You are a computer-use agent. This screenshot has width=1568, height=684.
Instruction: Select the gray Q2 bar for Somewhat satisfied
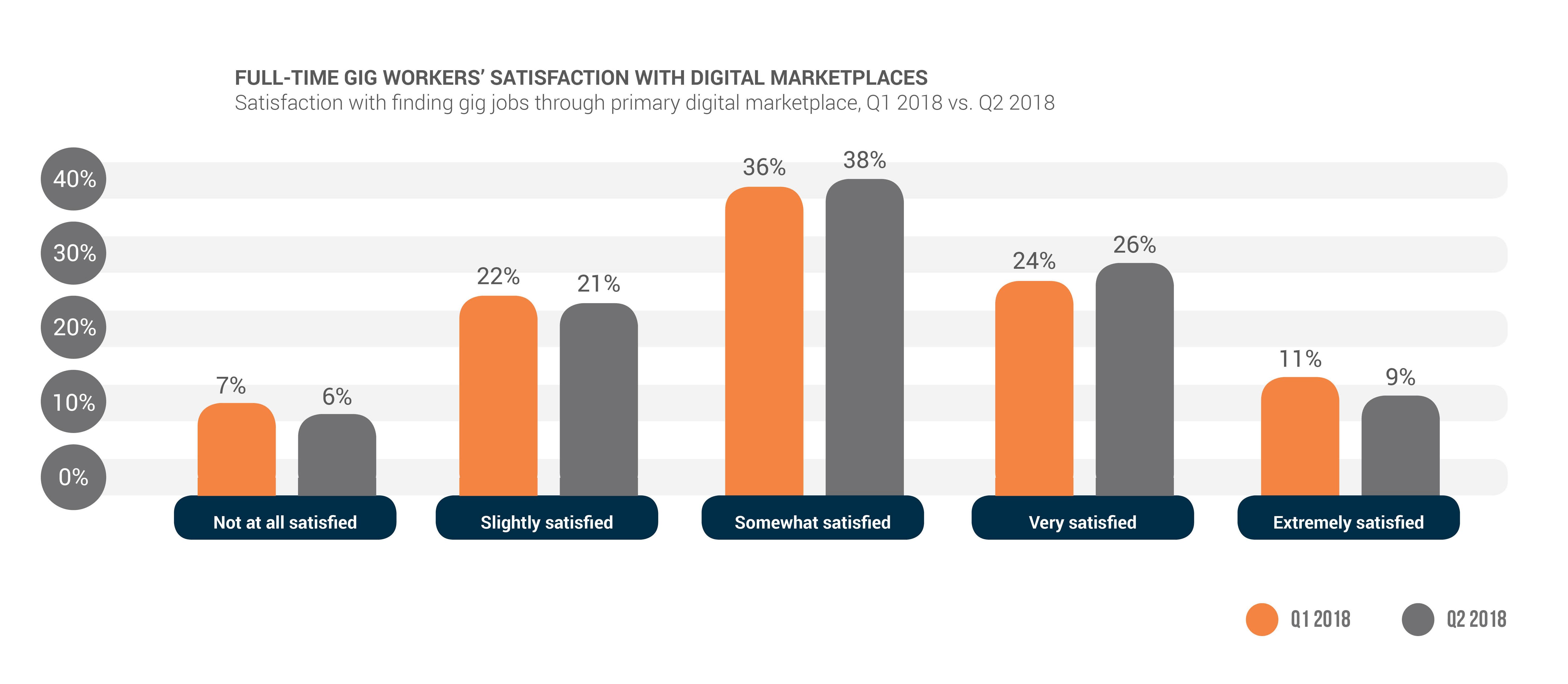click(x=864, y=338)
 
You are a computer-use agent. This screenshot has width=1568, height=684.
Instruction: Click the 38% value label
click(x=864, y=160)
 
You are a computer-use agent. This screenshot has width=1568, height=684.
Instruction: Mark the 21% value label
click(x=598, y=284)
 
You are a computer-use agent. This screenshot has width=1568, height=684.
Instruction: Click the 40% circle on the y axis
click(x=74, y=179)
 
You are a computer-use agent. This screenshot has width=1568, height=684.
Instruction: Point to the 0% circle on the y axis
click(x=74, y=477)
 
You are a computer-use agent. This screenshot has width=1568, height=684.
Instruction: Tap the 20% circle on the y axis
click(x=74, y=327)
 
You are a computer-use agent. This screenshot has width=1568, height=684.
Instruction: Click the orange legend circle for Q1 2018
click(x=1262, y=619)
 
